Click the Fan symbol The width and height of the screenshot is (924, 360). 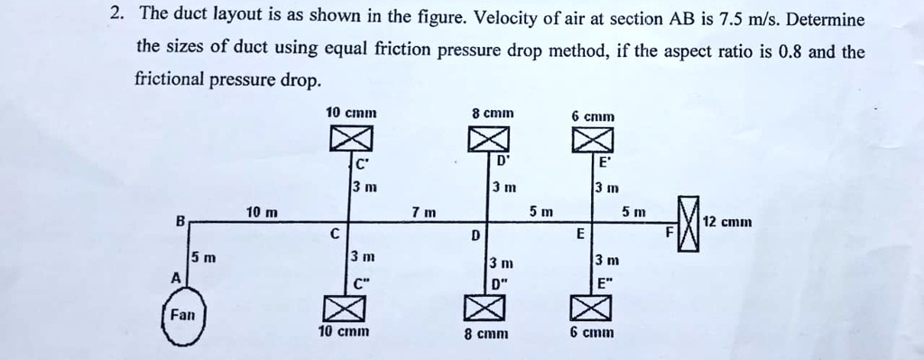click(x=182, y=315)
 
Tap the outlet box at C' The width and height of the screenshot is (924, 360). click(x=350, y=139)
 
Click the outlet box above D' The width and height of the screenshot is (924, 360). click(x=488, y=139)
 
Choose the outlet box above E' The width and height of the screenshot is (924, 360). click(x=593, y=139)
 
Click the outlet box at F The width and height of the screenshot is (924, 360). click(x=688, y=224)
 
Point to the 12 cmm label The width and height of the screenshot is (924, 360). click(x=727, y=222)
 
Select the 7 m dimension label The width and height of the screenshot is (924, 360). click(x=424, y=211)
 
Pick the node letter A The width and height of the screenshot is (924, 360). click(x=175, y=277)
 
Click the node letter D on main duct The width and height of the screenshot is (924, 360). click(x=475, y=236)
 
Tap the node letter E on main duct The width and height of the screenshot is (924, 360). click(x=580, y=235)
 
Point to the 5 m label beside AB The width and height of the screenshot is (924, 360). click(x=204, y=257)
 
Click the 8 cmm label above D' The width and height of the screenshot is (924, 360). click(x=493, y=113)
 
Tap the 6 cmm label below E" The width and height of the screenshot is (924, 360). click(x=591, y=332)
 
